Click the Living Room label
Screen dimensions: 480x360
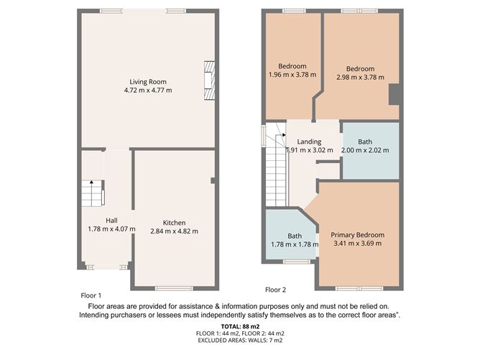pos(148,82)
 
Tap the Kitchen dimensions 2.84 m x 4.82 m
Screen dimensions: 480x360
pos(174,231)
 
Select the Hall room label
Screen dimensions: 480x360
pos(111,221)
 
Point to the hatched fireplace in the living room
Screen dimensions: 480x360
pos(209,80)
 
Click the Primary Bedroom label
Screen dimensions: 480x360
pos(358,235)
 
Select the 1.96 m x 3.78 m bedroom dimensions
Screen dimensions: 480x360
pos(292,75)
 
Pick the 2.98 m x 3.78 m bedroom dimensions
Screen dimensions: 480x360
pos(360,78)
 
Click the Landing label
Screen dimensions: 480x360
pos(309,142)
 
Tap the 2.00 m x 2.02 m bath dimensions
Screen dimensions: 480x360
pos(365,150)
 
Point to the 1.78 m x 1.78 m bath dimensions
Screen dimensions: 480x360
pos(295,244)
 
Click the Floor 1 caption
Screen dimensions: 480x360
pos(91,296)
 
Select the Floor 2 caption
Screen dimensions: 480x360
pos(275,290)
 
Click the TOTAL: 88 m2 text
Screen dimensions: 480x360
pos(240,327)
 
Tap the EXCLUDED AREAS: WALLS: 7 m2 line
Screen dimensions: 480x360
pos(240,340)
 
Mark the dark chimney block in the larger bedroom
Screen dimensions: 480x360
pos(395,95)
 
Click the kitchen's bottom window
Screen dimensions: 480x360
pos(174,288)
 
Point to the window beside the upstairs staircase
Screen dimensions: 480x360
pos(263,134)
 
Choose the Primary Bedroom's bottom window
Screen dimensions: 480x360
pos(359,288)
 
